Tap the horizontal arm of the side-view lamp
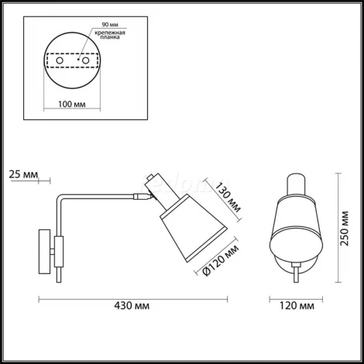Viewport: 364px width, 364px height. tap(101, 198)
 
